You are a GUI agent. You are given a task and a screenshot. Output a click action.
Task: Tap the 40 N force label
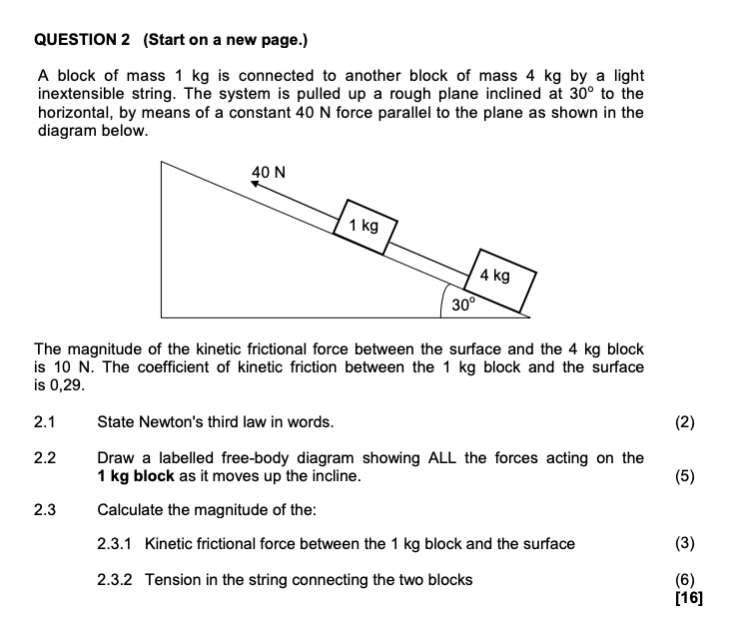(268, 172)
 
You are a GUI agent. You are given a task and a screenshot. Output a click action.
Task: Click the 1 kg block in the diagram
(366, 228)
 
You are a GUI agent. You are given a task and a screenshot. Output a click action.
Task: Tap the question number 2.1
(45, 421)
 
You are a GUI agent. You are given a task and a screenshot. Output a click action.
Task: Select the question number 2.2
(45, 458)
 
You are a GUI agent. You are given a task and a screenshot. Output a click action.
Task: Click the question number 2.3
(45, 510)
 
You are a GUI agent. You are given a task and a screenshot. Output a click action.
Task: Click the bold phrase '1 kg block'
(135, 476)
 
